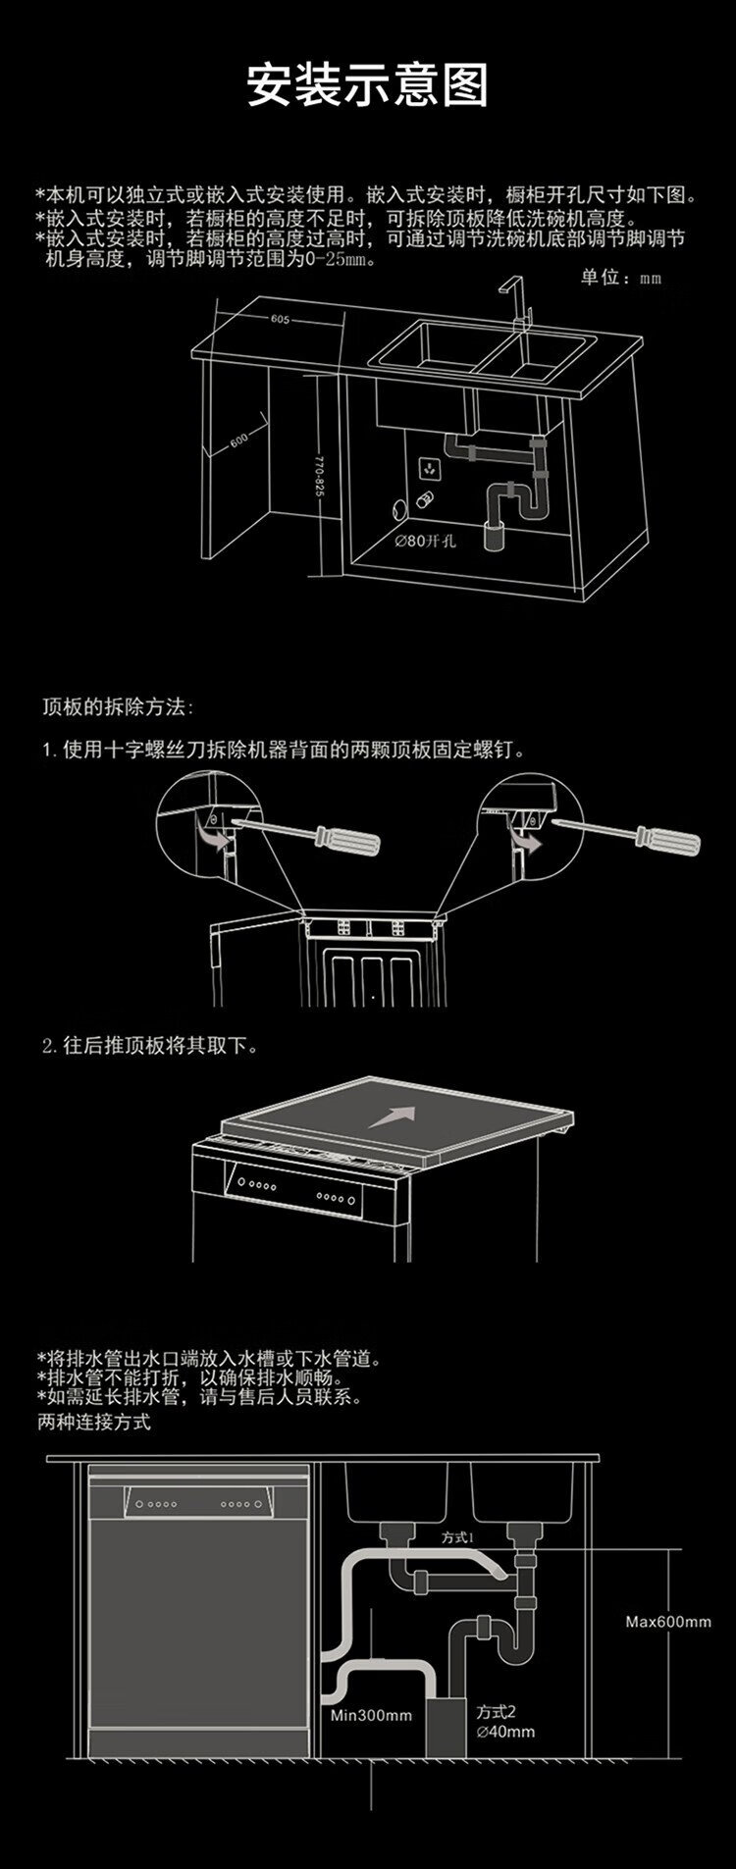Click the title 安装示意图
click(367, 86)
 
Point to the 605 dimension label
click(281, 319)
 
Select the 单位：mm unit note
click(620, 279)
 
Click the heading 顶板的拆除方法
click(119, 706)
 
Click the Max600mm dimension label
click(668, 1622)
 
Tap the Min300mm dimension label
click(371, 1716)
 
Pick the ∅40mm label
click(505, 1732)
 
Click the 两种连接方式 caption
click(94, 1422)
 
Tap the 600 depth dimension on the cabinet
click(240, 440)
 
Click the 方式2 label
click(497, 1711)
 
